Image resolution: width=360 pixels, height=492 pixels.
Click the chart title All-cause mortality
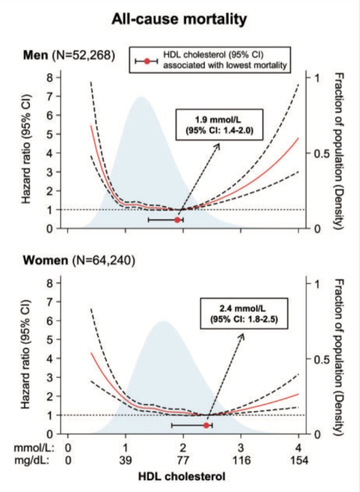tap(179, 19)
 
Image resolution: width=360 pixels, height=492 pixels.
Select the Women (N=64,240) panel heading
tap(80, 260)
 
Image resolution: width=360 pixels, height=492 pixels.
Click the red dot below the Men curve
tap(178, 220)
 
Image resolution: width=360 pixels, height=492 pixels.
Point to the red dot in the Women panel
tap(206, 425)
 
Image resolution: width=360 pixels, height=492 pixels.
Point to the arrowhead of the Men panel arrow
tap(219, 145)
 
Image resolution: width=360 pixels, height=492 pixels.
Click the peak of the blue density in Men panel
tap(141, 98)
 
